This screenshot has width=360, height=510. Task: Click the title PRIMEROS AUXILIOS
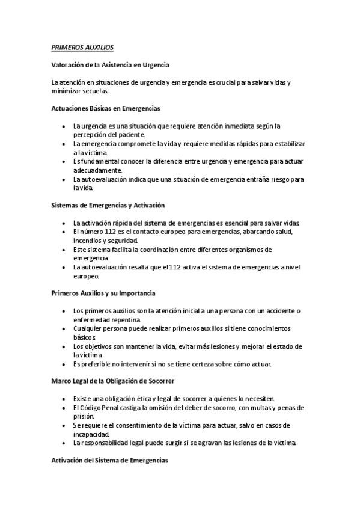pyautogui.click(x=82, y=47)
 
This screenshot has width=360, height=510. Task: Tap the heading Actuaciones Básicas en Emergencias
pyautogui.click(x=106, y=109)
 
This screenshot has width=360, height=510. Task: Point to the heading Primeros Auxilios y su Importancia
pyautogui.click(x=104, y=293)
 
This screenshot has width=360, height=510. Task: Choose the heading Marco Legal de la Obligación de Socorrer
pyautogui.click(x=113, y=381)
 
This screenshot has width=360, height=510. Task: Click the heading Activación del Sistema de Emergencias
pyautogui.click(x=110, y=460)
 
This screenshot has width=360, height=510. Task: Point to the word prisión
pyautogui.click(x=84, y=416)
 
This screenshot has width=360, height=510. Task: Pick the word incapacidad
pyautogui.click(x=91, y=434)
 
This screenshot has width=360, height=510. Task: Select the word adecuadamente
pyautogui.click(x=97, y=170)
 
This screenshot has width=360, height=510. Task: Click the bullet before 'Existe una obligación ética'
pyautogui.click(x=65, y=399)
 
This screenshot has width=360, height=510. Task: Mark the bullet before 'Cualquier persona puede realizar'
pyautogui.click(x=65, y=328)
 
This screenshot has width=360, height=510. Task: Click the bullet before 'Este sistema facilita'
pyautogui.click(x=65, y=249)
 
